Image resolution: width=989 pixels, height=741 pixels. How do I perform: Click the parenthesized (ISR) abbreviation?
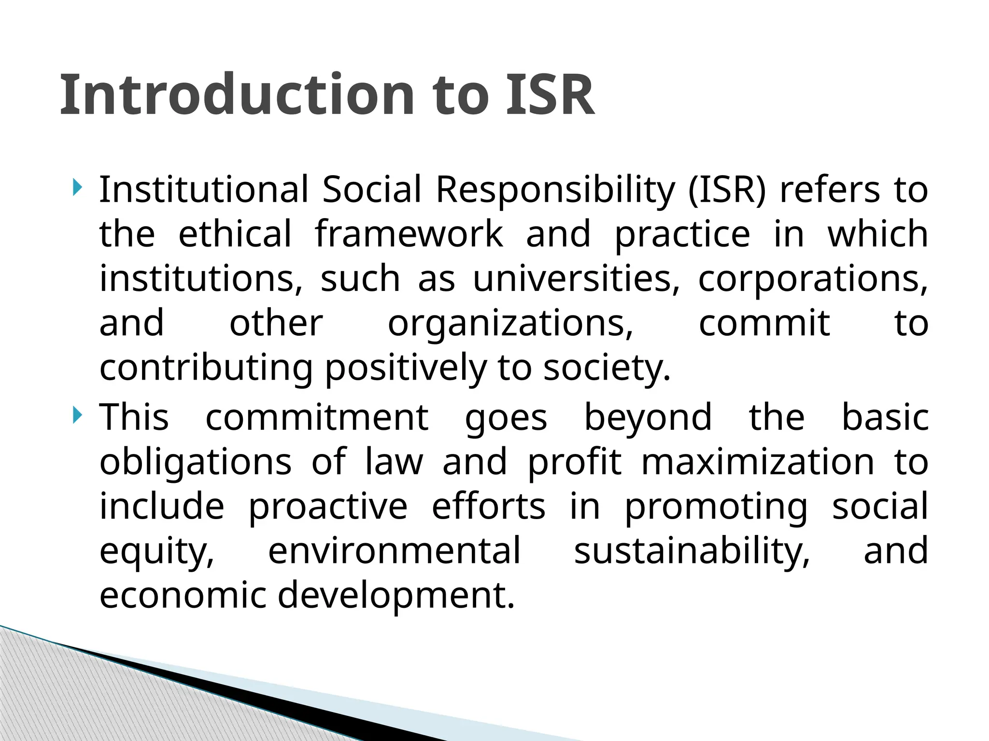coord(727,190)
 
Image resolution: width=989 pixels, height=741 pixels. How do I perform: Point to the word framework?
coord(409,234)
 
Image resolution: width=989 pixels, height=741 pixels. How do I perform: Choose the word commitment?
coord(317,417)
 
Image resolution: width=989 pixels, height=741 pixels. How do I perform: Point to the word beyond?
coord(648,417)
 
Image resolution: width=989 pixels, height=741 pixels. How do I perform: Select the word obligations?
coord(196,462)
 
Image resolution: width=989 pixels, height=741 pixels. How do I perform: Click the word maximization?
coord(758,462)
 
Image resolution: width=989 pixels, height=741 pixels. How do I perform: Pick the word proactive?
coord(328,507)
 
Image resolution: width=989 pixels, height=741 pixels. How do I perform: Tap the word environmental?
coord(395,550)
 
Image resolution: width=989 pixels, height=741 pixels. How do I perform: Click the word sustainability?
coord(692,551)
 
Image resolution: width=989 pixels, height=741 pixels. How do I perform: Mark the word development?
coord(396,596)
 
